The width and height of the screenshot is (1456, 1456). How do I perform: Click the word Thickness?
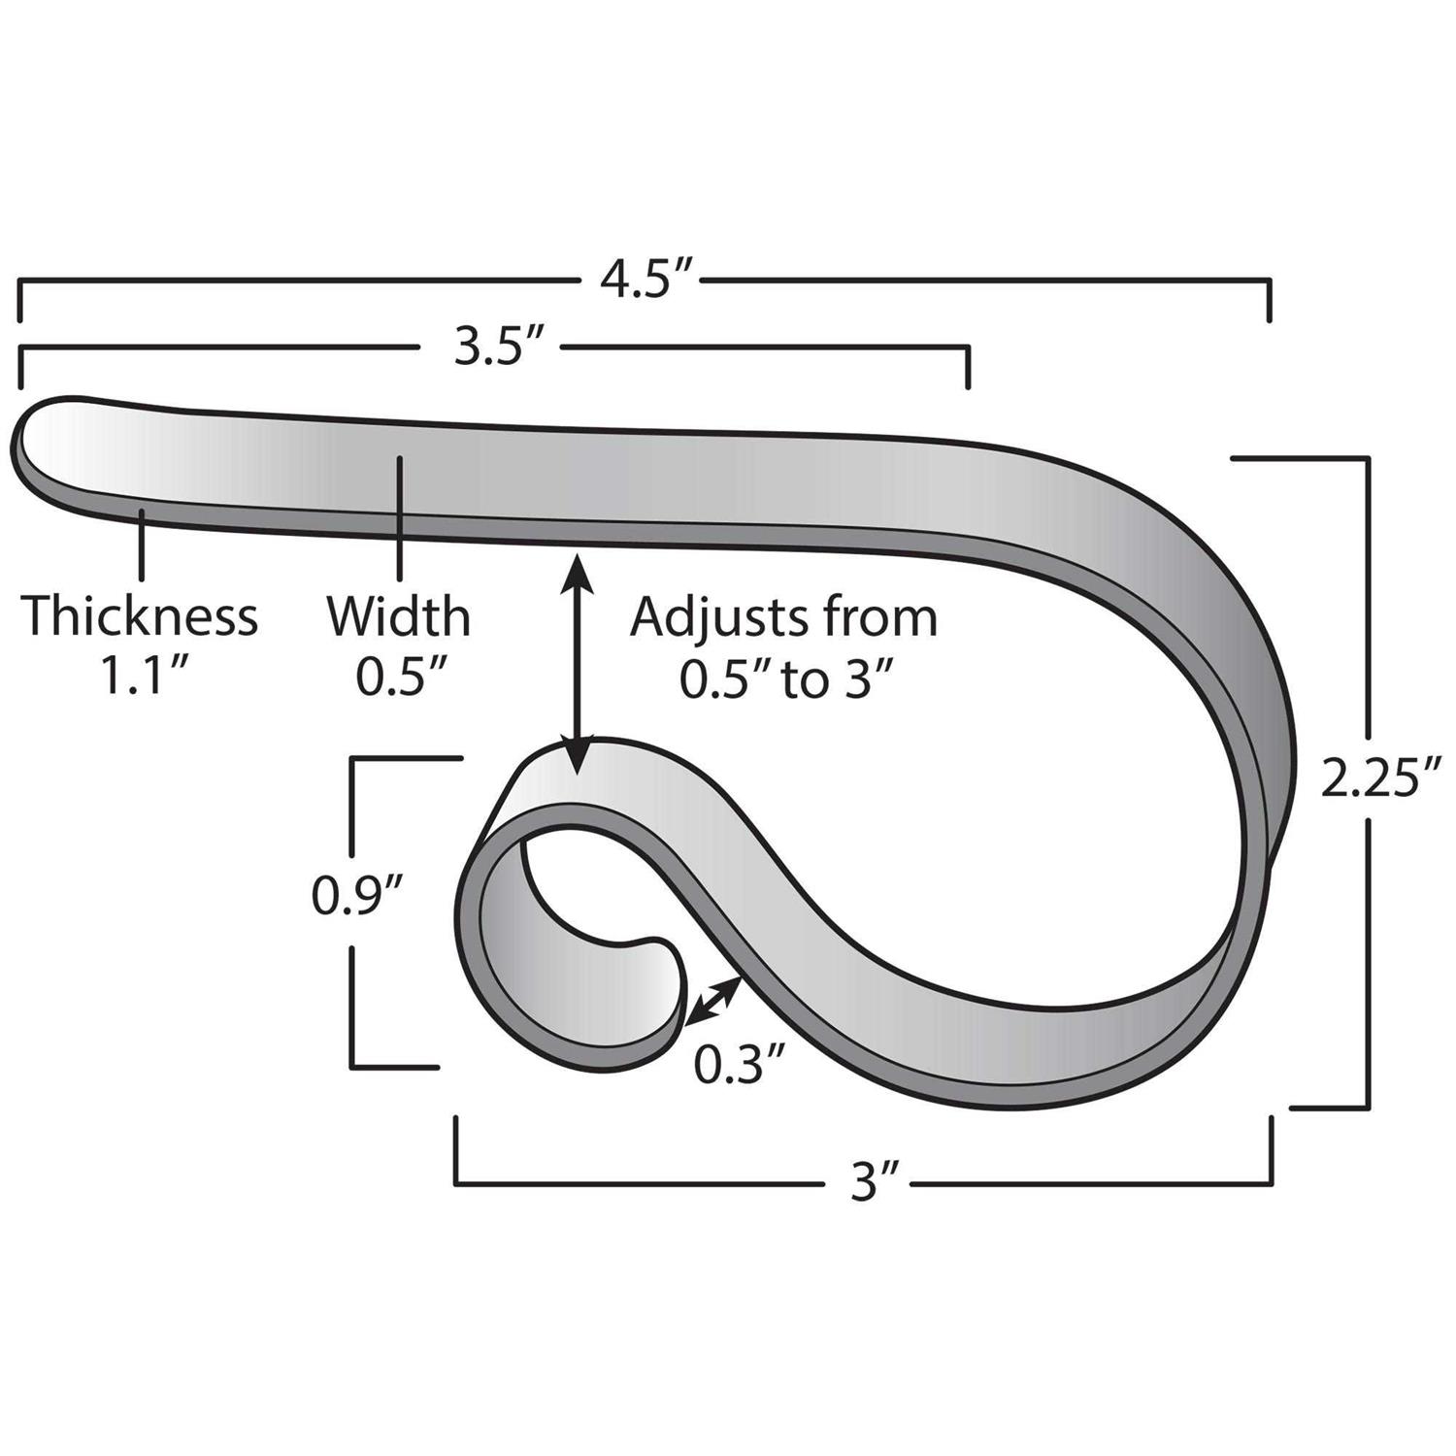click(140, 616)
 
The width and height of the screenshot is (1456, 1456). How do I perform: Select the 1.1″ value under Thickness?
click(144, 678)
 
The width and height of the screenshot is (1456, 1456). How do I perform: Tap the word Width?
click(398, 616)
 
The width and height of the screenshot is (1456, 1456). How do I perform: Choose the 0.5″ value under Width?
click(399, 678)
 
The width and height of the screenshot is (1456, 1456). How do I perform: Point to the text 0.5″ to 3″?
click(784, 680)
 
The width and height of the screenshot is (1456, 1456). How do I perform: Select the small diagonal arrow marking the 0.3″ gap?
click(713, 1001)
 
